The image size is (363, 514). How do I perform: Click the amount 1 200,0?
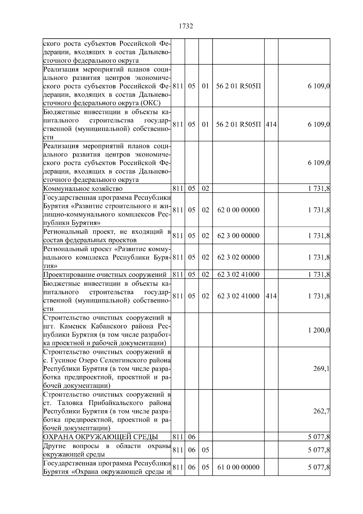(319, 330)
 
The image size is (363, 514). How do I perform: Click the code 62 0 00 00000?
(238, 210)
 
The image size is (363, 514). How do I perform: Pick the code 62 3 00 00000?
(238, 236)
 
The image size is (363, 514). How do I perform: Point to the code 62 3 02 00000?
(238, 257)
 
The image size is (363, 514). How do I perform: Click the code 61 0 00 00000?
(238, 467)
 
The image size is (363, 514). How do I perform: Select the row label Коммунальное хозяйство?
(83, 189)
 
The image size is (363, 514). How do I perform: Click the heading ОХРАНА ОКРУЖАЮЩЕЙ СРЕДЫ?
(100, 437)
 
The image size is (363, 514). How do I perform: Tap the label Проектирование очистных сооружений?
(105, 275)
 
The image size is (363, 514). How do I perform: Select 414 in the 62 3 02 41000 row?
(271, 296)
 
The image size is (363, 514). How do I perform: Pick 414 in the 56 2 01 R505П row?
(271, 124)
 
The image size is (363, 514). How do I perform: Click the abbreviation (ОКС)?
(150, 103)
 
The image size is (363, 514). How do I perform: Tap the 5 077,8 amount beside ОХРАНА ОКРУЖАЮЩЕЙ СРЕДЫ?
(319, 437)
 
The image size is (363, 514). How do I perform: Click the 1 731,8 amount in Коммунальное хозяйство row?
(319, 189)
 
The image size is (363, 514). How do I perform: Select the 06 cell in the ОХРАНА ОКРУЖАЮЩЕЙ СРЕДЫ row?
(191, 437)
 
